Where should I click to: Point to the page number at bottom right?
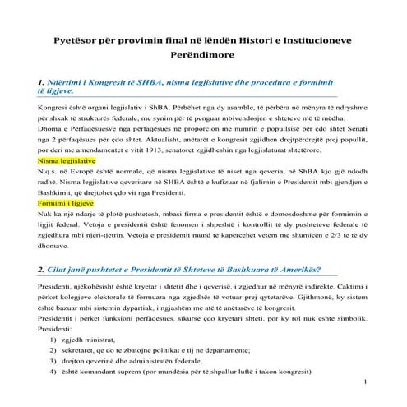(364, 405)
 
